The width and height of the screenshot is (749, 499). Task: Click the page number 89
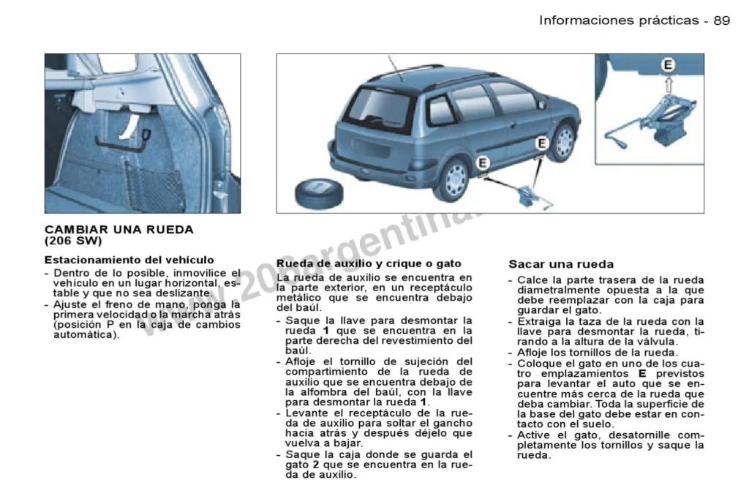[x=722, y=20]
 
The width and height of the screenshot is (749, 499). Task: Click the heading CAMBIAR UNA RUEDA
[x=119, y=230]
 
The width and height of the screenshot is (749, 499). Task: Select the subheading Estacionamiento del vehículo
[x=129, y=260]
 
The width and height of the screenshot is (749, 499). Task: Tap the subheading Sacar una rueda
[x=561, y=264]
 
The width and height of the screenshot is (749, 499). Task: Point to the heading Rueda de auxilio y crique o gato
[x=369, y=263]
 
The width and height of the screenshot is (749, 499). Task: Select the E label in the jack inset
[x=668, y=65]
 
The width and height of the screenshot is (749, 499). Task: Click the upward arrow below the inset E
[x=669, y=85]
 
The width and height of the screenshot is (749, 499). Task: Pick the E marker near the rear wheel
[x=483, y=163]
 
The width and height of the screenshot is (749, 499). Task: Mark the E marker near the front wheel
[x=541, y=143]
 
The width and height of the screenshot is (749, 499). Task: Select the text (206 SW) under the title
[x=73, y=241]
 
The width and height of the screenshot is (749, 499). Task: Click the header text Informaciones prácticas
[x=619, y=20]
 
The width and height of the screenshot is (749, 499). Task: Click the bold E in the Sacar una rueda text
[x=642, y=373]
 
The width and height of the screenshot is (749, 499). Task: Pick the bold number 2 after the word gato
[x=316, y=465]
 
